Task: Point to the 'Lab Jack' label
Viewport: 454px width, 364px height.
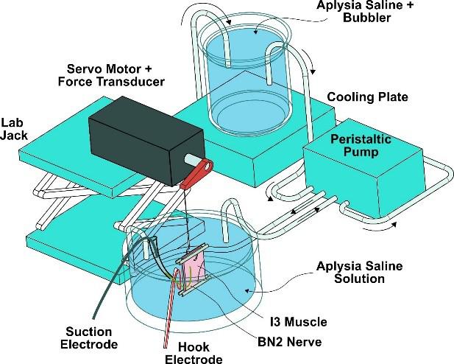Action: [14, 129]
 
